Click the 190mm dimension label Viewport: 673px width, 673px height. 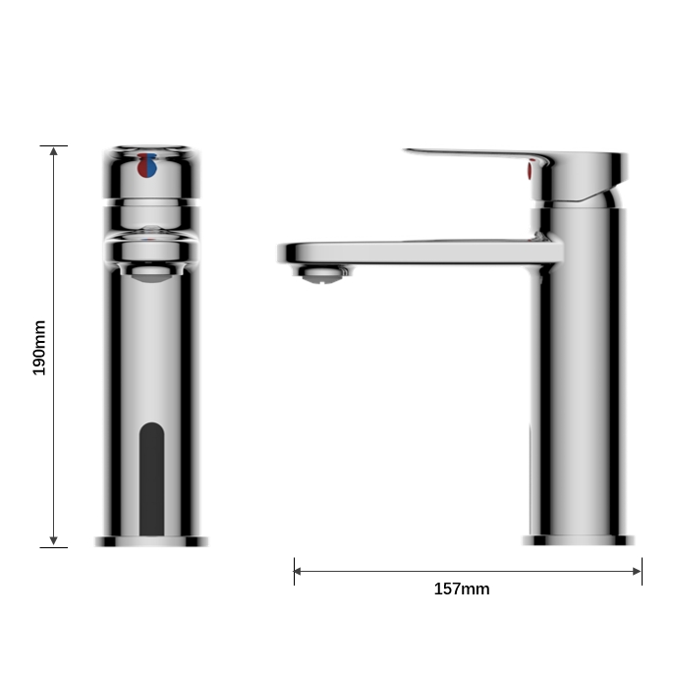click(x=40, y=347)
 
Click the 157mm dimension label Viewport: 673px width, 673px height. click(x=462, y=589)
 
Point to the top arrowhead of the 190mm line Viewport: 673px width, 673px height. click(x=53, y=151)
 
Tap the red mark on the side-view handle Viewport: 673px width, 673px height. click(x=532, y=173)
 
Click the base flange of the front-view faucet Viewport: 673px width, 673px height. click(x=151, y=541)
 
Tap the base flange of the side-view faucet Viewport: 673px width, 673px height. click(x=578, y=540)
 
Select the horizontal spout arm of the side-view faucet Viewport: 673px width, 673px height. click(x=422, y=252)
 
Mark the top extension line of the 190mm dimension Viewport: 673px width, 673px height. click(x=53, y=145)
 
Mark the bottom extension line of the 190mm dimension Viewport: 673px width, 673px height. click(x=53, y=547)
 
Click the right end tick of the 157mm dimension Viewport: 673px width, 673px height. click(x=642, y=571)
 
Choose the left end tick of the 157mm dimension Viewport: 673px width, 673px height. click(x=294, y=571)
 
